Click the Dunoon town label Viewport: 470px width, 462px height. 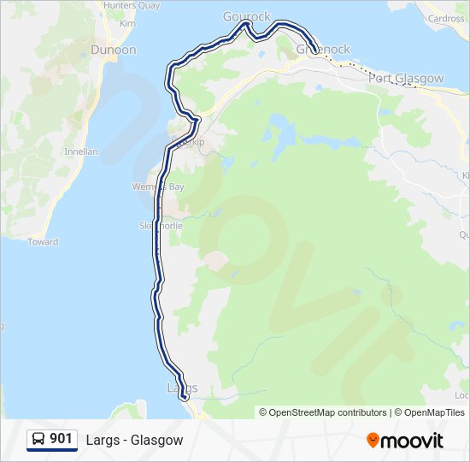(114, 50)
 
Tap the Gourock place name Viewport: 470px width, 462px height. (247, 16)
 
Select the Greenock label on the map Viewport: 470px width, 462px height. (323, 50)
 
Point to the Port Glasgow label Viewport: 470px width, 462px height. (406, 78)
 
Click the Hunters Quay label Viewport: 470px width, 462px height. (131, 5)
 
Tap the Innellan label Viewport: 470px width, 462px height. (81, 151)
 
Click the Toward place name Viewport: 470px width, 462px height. (43, 242)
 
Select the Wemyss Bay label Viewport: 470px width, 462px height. (151, 187)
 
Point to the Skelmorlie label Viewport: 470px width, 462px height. (156, 226)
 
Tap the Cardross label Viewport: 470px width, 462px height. (447, 18)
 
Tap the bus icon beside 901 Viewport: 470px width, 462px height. (38, 439)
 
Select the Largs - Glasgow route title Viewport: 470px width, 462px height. (134, 440)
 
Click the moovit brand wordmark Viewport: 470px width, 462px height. (412, 441)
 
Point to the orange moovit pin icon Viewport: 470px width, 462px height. (373, 441)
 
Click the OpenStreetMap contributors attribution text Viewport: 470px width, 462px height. (323, 412)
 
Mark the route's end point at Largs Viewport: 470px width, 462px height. (184, 396)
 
